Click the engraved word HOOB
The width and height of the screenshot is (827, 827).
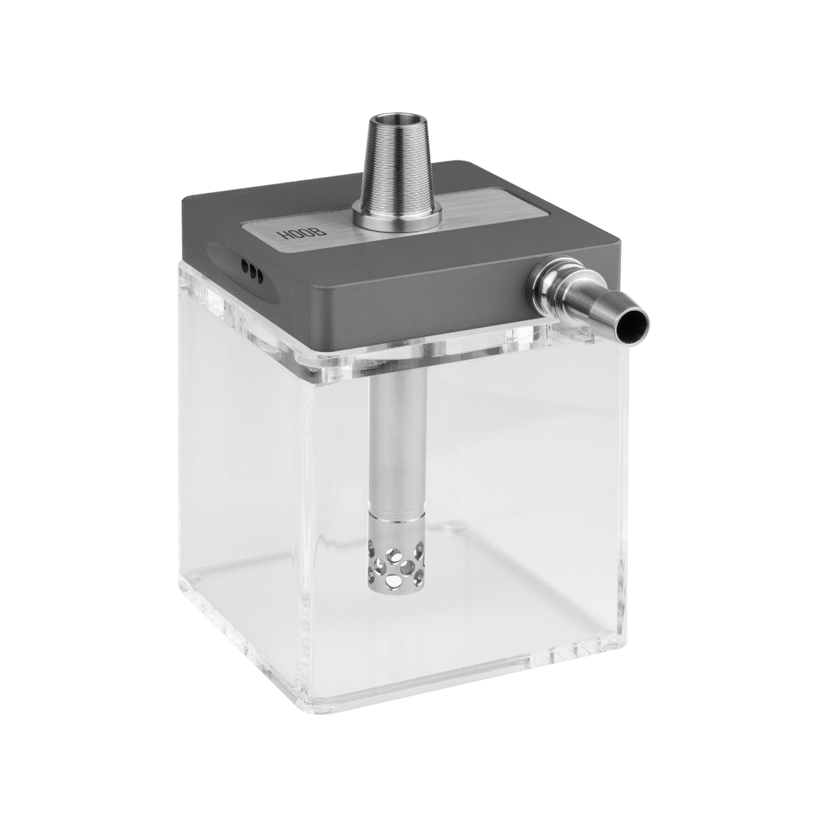303,234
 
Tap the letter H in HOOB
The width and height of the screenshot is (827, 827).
285,237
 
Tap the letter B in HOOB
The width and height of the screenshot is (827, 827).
321,232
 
